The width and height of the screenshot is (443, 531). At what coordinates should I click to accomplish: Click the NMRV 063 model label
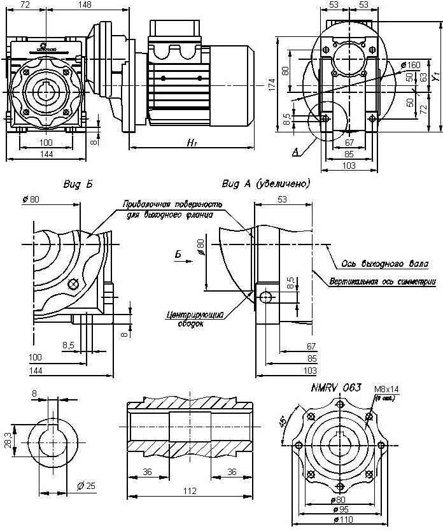[336, 387]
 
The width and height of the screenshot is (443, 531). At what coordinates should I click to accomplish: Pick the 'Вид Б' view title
[78, 185]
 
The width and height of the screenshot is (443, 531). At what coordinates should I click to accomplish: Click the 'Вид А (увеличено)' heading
[265, 185]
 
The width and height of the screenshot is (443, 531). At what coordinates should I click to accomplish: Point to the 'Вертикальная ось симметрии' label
[383, 281]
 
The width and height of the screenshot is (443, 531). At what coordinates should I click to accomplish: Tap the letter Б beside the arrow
[179, 255]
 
